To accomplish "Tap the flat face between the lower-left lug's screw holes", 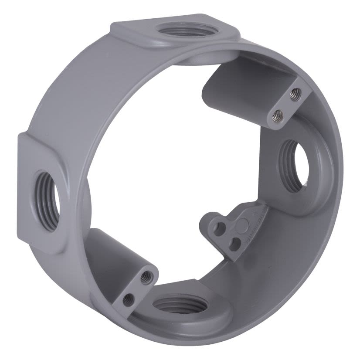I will point(137,287).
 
